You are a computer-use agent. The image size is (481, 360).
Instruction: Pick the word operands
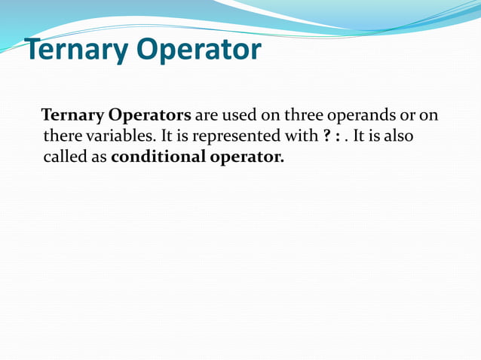click(363, 116)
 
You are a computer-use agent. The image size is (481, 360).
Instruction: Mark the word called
click(66, 157)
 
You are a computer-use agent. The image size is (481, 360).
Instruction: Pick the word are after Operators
click(207, 116)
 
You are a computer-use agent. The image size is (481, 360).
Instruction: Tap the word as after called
click(100, 157)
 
